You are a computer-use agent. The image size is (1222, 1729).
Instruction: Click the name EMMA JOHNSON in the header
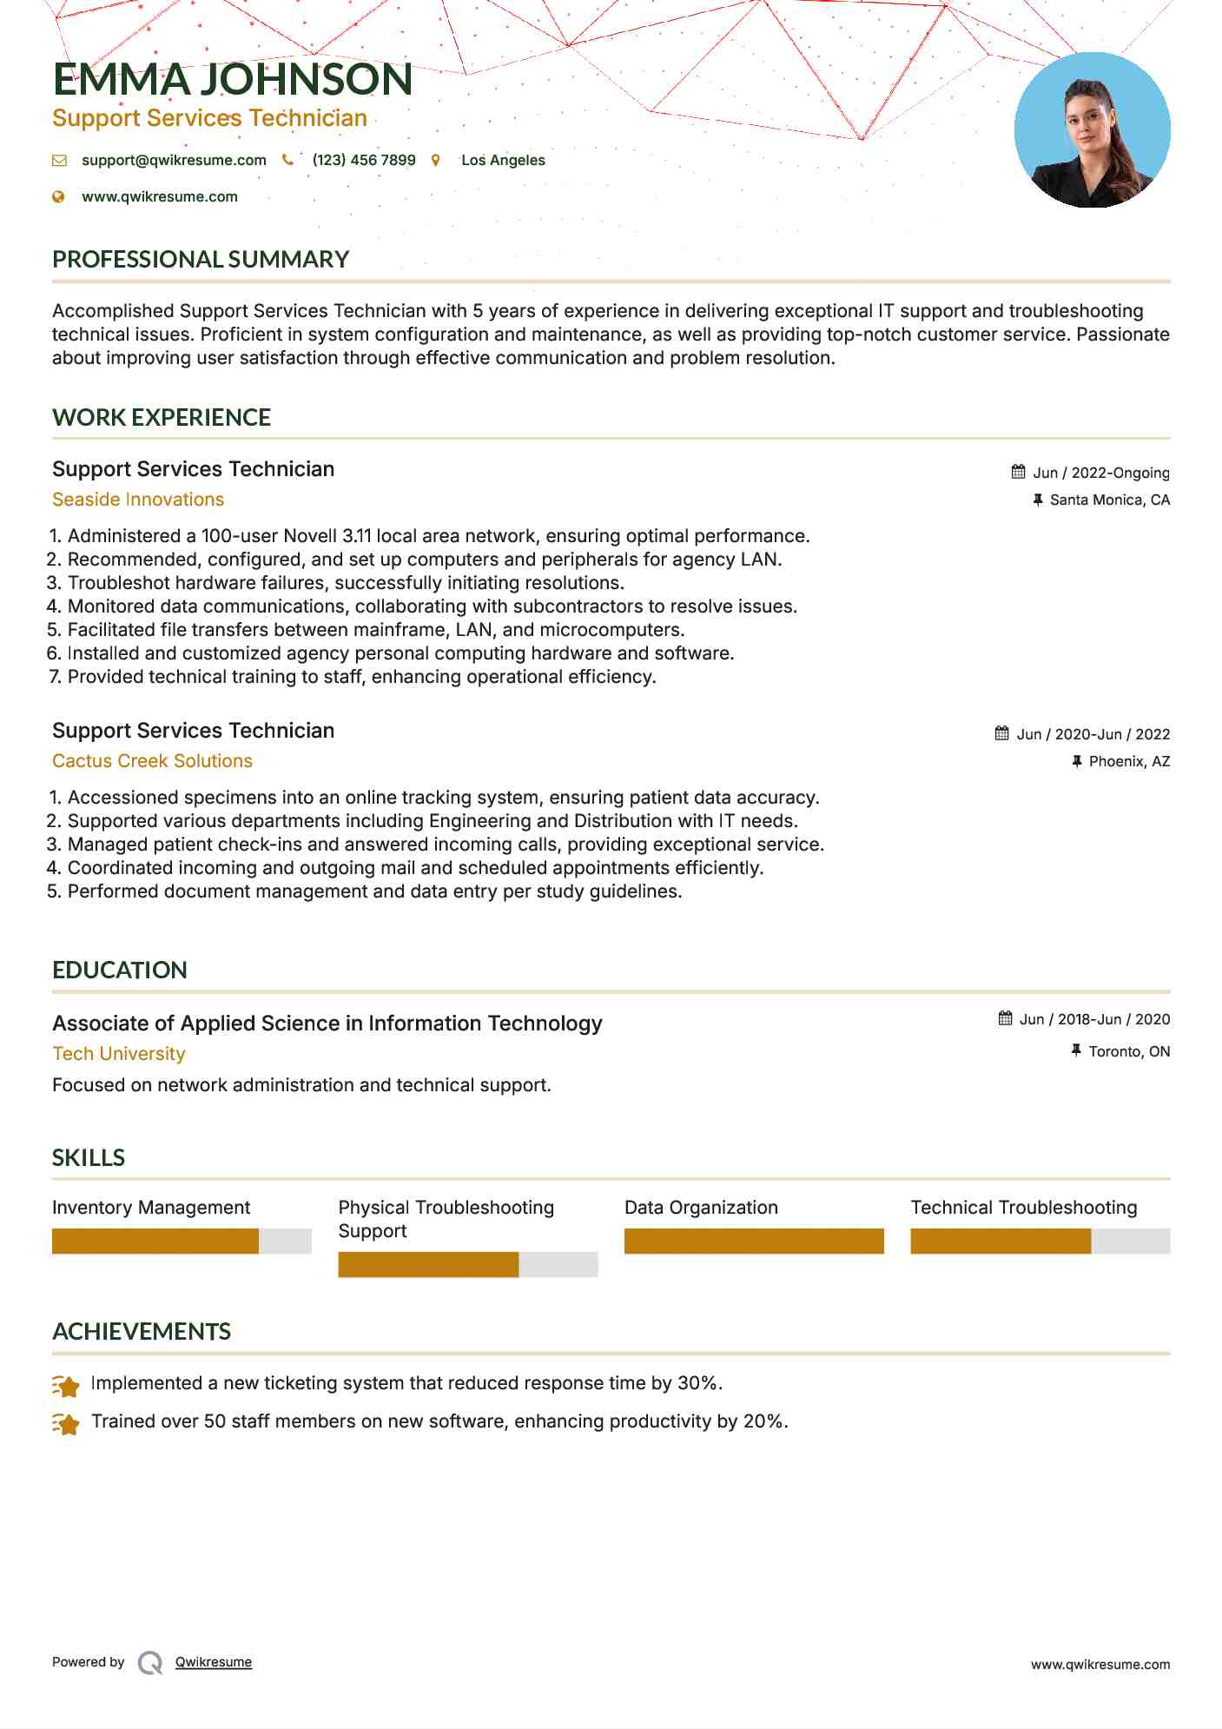(232, 79)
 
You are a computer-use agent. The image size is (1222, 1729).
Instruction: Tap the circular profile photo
(1092, 130)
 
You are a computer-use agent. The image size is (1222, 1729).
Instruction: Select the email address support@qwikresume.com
(174, 160)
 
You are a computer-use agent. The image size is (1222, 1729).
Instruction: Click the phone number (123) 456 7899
(364, 160)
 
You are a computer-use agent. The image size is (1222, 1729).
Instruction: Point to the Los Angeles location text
(503, 160)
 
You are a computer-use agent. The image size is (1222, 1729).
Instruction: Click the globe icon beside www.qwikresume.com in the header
(59, 196)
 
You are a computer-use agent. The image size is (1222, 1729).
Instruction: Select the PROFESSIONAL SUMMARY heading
(201, 259)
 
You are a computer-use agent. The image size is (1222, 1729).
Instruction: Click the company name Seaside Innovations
(138, 500)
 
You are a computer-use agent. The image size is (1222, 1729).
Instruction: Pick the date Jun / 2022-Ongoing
(1100, 473)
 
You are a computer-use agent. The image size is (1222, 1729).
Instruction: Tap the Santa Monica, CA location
(1109, 500)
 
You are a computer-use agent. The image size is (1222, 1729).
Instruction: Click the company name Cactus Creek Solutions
(152, 761)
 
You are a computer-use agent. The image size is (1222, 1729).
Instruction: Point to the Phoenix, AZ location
(1129, 761)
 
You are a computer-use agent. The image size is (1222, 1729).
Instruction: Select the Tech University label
(119, 1054)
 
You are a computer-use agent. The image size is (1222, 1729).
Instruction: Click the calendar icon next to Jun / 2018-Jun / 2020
(1005, 1018)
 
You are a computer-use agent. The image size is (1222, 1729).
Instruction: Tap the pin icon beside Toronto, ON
(1076, 1050)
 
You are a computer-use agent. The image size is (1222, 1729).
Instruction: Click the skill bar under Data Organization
(753, 1241)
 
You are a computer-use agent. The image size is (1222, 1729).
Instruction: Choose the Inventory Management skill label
(151, 1208)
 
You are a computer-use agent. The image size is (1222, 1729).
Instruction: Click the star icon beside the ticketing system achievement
(66, 1385)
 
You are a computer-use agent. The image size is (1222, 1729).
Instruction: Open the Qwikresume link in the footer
(214, 1662)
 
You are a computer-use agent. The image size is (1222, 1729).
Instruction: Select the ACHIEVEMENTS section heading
(142, 1331)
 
